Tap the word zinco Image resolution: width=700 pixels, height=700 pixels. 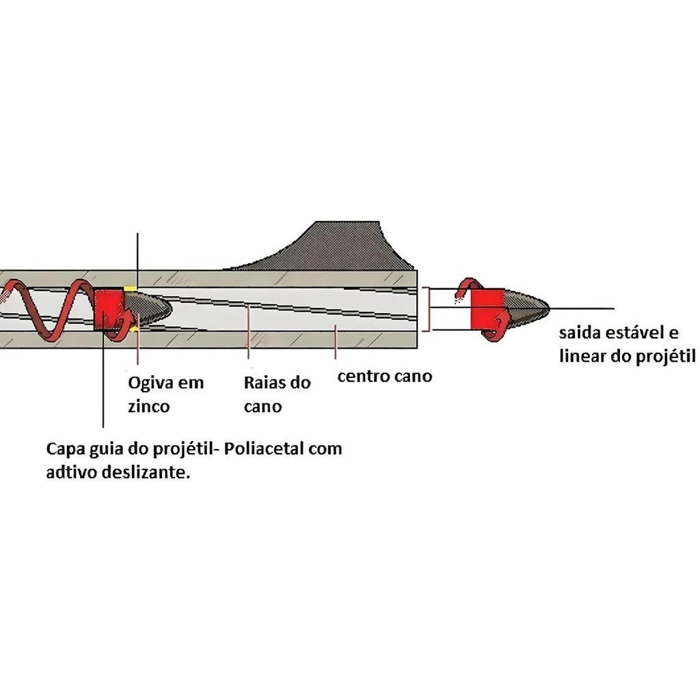(x=148, y=407)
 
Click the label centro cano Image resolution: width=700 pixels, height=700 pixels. (x=385, y=377)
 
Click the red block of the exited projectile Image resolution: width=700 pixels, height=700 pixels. (x=487, y=309)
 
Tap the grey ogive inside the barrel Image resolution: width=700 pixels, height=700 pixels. (x=148, y=309)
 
